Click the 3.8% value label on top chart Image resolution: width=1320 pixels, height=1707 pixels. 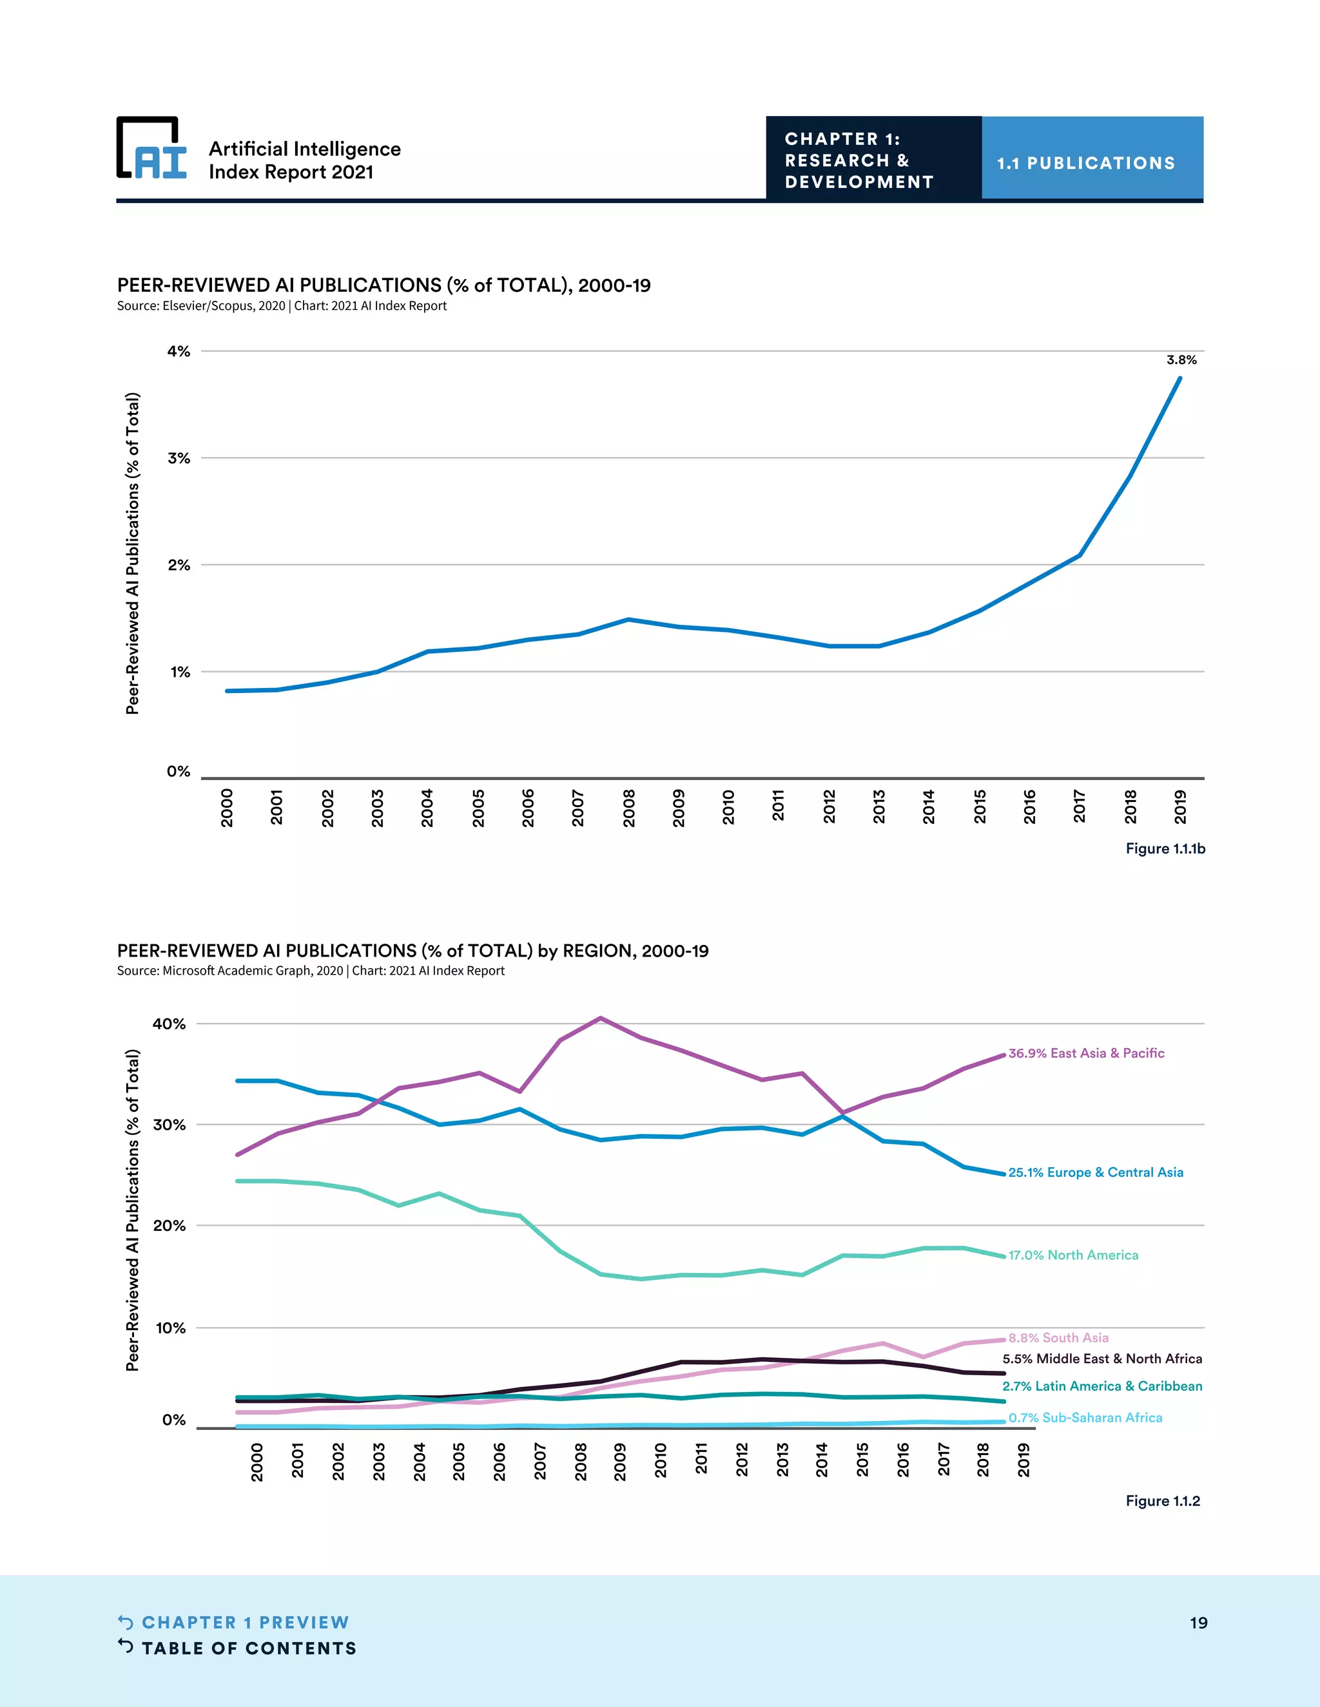(x=1181, y=360)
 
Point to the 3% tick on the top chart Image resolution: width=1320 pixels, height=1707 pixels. (x=179, y=458)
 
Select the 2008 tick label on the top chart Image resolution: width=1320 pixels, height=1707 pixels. (x=628, y=806)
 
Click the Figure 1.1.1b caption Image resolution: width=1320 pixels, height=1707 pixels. (x=1165, y=848)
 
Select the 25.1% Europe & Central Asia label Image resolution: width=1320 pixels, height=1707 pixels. (x=1095, y=1172)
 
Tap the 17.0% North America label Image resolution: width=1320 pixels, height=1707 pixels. (x=1073, y=1255)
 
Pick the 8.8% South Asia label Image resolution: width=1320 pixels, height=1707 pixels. (x=1058, y=1338)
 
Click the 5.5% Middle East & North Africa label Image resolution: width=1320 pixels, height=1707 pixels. (x=1102, y=1359)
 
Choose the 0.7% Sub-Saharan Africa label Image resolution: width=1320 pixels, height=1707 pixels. (x=1085, y=1418)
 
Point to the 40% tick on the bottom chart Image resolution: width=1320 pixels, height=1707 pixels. (x=169, y=1024)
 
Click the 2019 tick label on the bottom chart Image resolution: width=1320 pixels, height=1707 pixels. (x=1023, y=1460)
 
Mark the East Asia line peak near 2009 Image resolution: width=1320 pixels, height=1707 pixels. (x=600, y=1018)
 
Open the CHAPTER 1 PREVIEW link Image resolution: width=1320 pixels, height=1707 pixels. (x=245, y=1623)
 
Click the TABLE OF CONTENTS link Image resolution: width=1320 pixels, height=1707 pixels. (x=248, y=1648)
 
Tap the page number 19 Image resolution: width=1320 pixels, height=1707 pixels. (x=1198, y=1623)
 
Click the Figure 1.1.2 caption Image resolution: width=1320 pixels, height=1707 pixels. (x=1162, y=1501)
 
